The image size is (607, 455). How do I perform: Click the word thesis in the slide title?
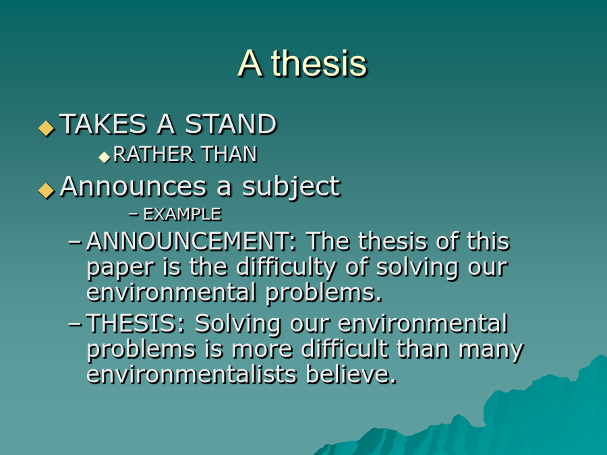pos(318,63)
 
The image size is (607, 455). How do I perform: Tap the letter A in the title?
pos(250,64)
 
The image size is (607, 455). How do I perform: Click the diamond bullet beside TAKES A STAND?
pos(47,128)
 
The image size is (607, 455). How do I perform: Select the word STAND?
pos(231,124)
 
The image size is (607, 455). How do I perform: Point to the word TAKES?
pos(103,124)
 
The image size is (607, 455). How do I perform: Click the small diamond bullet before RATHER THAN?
pos(105,158)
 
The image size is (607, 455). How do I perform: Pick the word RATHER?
pos(153,154)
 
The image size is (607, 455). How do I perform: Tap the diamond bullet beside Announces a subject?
pos(47,190)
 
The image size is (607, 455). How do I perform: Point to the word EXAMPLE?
pos(182,214)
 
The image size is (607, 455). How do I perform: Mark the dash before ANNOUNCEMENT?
pos(75,242)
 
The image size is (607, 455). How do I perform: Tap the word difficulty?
pos(286,268)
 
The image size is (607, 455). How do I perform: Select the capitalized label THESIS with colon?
pos(136,324)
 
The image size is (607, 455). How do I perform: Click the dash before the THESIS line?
pos(75,324)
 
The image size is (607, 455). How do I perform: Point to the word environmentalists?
pos(192,374)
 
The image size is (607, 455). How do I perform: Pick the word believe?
pos(351,374)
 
